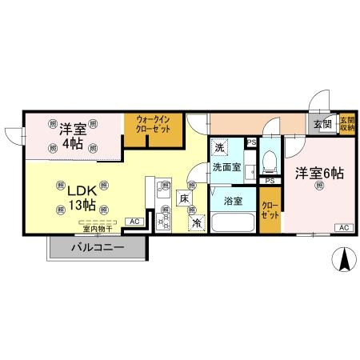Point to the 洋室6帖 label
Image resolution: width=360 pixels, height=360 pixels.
point(318,172)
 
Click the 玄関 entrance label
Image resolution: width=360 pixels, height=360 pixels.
point(323,124)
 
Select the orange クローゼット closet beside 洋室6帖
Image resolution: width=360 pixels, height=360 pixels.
point(270,210)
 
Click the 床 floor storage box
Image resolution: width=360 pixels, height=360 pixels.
point(185,198)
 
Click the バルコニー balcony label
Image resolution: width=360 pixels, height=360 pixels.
point(97,247)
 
